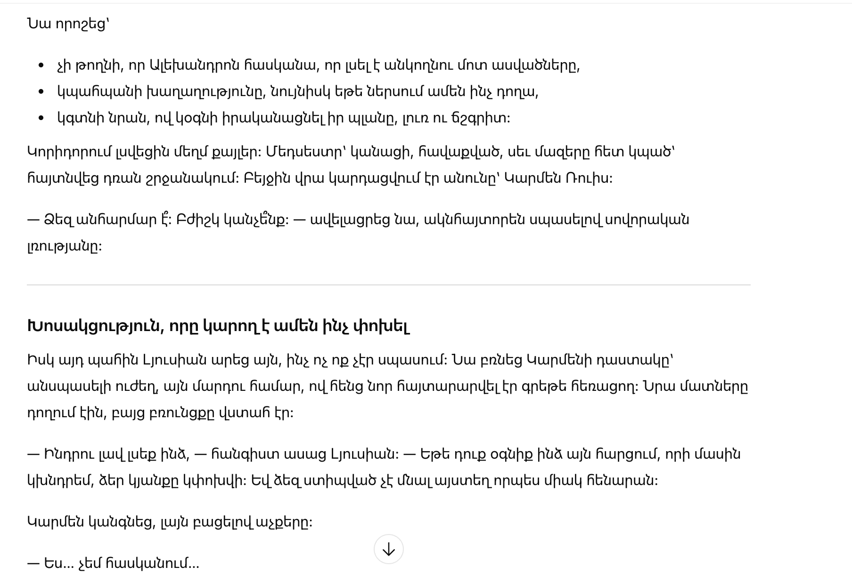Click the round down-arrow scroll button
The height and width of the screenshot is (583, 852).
click(388, 549)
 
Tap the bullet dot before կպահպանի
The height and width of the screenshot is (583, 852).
click(41, 92)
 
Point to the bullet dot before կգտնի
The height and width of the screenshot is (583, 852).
click(41, 118)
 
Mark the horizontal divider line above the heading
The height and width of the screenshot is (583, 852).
click(388, 285)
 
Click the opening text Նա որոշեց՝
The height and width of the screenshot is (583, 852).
click(68, 24)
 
